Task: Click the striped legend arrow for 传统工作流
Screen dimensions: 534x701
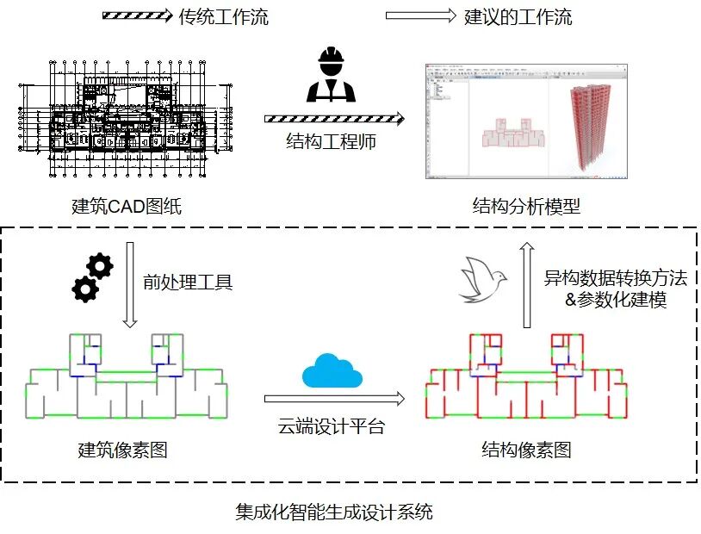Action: [137, 16]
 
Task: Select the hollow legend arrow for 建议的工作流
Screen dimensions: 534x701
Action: [419, 16]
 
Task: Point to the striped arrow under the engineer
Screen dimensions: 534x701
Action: [333, 118]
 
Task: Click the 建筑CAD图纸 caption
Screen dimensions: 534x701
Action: [127, 207]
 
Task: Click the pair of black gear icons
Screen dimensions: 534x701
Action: [93, 276]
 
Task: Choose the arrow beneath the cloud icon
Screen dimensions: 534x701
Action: [334, 398]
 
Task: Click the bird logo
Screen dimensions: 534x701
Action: [483, 279]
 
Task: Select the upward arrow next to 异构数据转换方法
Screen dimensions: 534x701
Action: [524, 285]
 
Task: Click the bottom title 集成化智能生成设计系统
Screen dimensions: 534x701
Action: [334, 513]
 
